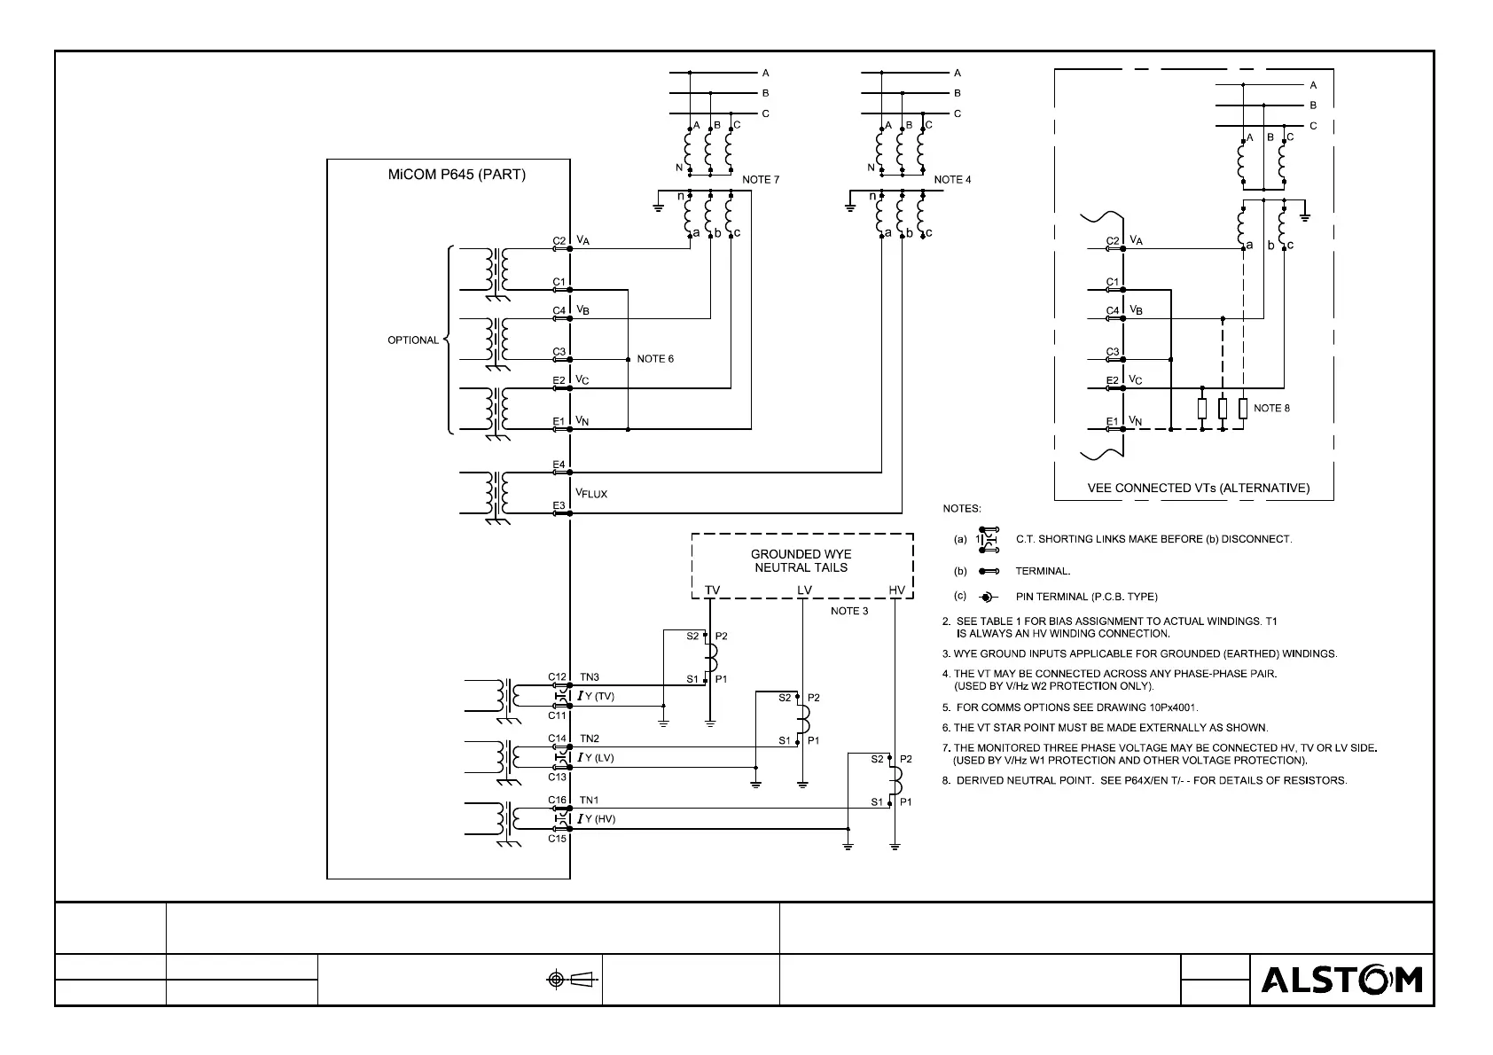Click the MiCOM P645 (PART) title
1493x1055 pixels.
[x=457, y=175]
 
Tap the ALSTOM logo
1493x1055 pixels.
[x=1341, y=980]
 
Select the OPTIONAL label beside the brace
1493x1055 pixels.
[x=413, y=340]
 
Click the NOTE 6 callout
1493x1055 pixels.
[x=655, y=359]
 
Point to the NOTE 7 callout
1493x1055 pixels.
[x=761, y=180]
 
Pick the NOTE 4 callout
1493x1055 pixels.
[x=952, y=180]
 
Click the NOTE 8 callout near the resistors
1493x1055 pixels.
[x=1271, y=408]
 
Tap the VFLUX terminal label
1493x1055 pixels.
[x=591, y=493]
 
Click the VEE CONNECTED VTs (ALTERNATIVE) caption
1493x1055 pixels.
[x=1198, y=488]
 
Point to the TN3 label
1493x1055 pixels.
[x=590, y=677]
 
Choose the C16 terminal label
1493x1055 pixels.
[x=557, y=800]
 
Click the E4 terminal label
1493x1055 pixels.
[x=559, y=465]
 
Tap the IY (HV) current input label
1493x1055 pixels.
[x=596, y=819]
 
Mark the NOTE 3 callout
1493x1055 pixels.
[x=849, y=611]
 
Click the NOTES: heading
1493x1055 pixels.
[x=961, y=509]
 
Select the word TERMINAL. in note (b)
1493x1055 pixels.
[x=1043, y=571]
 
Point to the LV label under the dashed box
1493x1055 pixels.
[x=804, y=590]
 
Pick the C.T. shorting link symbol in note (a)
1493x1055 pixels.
[x=989, y=539]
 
